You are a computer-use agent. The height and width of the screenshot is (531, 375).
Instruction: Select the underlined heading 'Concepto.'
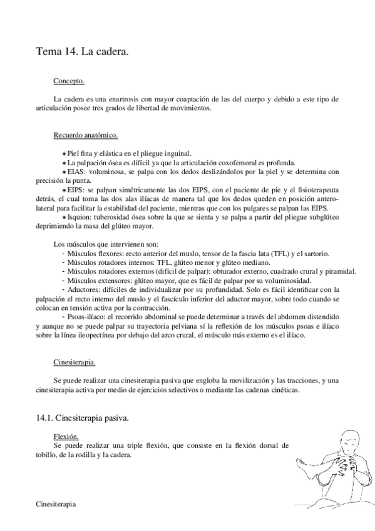[69, 81]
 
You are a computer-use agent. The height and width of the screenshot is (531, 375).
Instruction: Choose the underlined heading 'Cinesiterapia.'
[74, 362]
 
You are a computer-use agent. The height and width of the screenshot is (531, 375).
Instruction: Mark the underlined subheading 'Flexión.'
[66, 436]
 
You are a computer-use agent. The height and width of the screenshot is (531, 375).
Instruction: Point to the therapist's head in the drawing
[349, 441]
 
